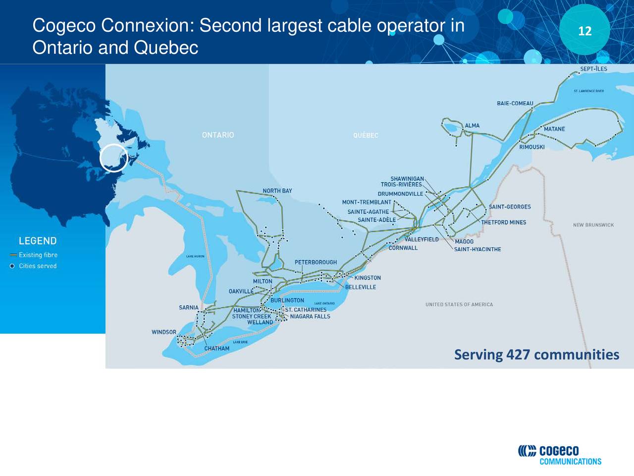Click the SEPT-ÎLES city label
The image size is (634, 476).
point(593,69)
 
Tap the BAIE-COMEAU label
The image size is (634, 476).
point(515,103)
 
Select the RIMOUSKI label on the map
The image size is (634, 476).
point(532,147)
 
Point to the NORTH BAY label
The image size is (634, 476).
point(277,191)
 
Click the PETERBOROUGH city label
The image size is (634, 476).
point(316,262)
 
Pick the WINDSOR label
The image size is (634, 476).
point(164,332)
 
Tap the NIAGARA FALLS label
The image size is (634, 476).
point(310,316)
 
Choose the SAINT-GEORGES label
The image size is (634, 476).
point(510,207)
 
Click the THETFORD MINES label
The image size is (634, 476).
point(504,222)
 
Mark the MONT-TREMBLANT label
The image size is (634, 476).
point(367,202)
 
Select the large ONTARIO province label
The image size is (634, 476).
point(218,135)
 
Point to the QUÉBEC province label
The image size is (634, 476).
point(366,135)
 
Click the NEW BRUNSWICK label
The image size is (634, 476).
point(593,225)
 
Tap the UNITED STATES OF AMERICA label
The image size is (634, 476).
point(459,304)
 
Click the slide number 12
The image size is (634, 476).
point(585,31)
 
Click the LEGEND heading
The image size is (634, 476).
point(38,241)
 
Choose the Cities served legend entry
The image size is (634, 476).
point(38,266)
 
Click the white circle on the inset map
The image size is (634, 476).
point(114,158)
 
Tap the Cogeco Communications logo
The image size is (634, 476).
point(560,454)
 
